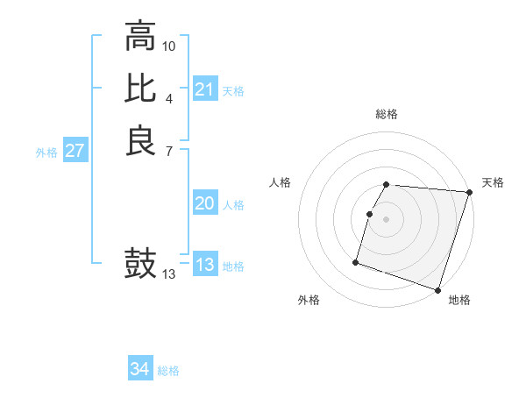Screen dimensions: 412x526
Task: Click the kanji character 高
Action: click(140, 38)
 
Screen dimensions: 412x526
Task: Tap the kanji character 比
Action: click(140, 89)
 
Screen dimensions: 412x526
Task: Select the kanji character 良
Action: click(140, 140)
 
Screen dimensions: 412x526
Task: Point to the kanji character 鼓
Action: click(140, 264)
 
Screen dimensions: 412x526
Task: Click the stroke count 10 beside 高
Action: click(169, 45)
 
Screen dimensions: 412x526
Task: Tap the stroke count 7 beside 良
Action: click(169, 151)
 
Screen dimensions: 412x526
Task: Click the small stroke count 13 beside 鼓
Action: click(169, 274)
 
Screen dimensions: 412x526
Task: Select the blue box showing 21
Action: click(205, 89)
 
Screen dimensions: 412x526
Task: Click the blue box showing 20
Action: click(205, 203)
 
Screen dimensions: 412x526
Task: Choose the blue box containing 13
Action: click(205, 266)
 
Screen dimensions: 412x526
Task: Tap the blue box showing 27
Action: click(75, 151)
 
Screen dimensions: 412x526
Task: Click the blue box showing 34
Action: click(140, 369)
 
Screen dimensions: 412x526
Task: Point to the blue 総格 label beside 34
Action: click(168, 371)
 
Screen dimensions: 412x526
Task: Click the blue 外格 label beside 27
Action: click(46, 152)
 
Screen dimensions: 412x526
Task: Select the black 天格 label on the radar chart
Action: click(493, 182)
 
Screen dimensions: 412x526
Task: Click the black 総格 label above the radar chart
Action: click(387, 114)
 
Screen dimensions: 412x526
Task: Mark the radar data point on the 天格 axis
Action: click(469, 193)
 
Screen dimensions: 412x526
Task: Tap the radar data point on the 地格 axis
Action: click(437, 289)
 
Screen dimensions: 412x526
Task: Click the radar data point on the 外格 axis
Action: click(356, 261)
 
